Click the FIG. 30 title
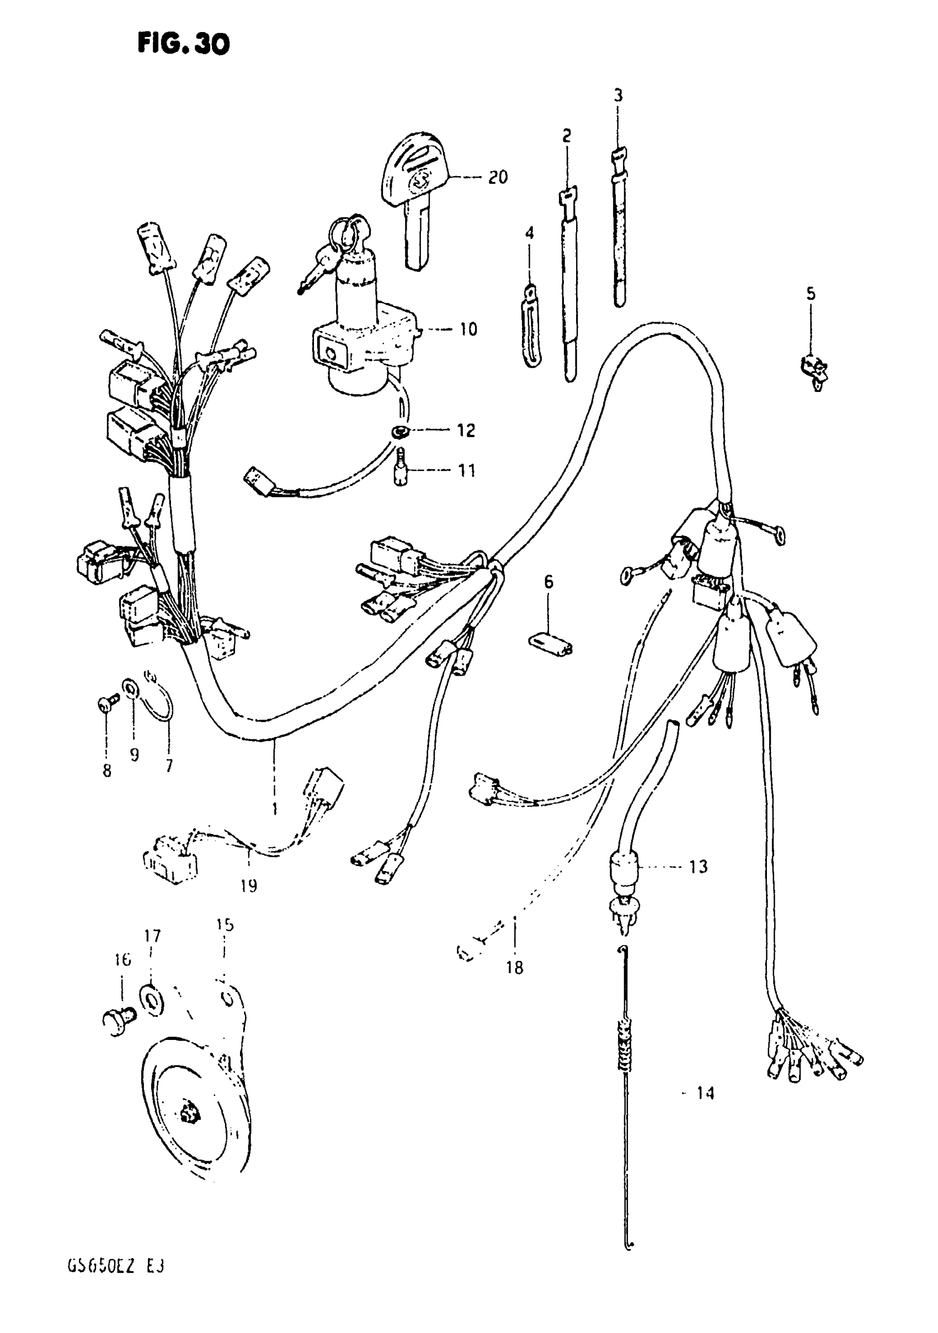(x=183, y=44)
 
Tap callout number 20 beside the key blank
(x=498, y=177)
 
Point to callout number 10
(x=468, y=329)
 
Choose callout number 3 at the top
(x=618, y=95)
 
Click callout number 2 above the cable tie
(x=567, y=136)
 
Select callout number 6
(x=548, y=581)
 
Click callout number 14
(x=705, y=1093)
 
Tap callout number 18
(x=514, y=967)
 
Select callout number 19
(x=248, y=886)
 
